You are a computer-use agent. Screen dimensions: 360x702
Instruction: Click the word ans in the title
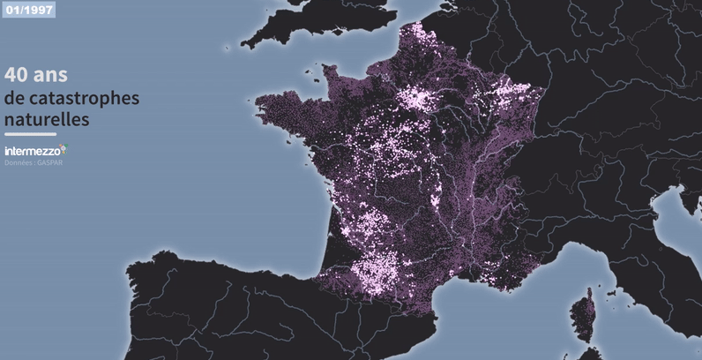tap(52, 74)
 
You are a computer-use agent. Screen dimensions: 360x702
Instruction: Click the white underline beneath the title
tap(30, 133)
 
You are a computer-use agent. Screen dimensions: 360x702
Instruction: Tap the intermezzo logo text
tap(31, 151)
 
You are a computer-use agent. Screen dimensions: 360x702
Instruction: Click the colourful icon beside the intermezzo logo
tap(63, 149)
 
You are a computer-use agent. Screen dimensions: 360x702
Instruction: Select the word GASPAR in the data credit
tap(51, 162)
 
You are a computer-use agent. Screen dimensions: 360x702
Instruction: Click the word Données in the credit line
tap(18, 162)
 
